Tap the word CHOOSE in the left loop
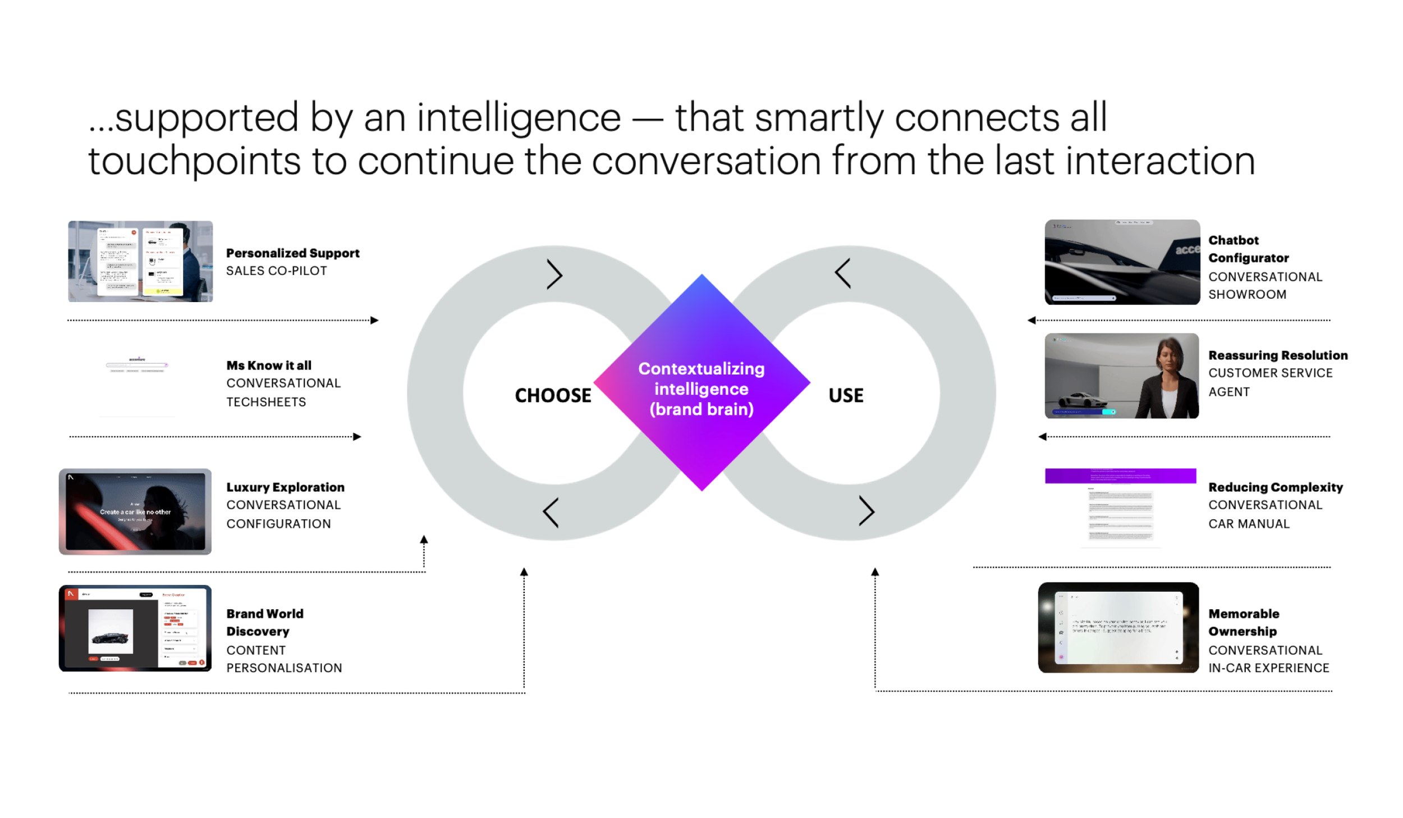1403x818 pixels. (x=553, y=395)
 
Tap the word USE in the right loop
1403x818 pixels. (x=846, y=395)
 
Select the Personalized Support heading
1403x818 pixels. (x=292, y=253)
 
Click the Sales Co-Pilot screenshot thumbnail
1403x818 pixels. (x=140, y=262)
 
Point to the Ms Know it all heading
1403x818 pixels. (x=269, y=365)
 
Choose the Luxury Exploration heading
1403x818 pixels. (x=285, y=487)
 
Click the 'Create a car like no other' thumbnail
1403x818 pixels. (x=135, y=511)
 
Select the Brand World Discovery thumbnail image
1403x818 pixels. (x=135, y=628)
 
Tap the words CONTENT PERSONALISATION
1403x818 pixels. (x=283, y=659)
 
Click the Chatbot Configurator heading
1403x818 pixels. (x=1248, y=249)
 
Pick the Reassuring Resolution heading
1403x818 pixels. (x=1277, y=355)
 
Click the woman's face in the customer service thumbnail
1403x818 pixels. (x=1170, y=359)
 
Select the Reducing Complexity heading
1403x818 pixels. (x=1275, y=487)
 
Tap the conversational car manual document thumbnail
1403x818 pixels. (x=1120, y=508)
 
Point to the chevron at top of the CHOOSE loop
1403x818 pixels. (x=554, y=275)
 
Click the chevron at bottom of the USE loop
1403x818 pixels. (x=866, y=511)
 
